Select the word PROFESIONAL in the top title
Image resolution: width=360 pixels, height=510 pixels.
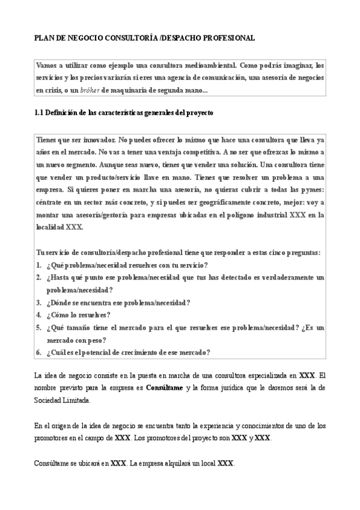pos(228,37)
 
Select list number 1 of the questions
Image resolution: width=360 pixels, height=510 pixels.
pos(38,265)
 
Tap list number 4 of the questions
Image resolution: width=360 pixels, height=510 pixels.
pos(38,315)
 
